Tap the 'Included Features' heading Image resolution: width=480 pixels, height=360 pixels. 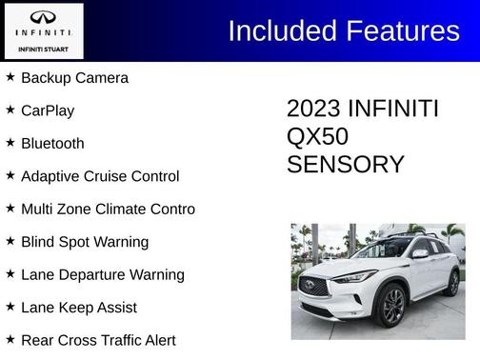pos(344,31)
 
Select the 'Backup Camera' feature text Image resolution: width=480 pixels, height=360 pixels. pos(74,78)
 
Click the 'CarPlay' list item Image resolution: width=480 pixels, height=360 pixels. pos(48,110)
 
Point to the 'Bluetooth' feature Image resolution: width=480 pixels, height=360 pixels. pos(52,144)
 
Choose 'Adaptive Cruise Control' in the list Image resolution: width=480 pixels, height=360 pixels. pos(100,176)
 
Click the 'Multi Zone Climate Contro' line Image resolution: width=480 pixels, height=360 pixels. pos(108,210)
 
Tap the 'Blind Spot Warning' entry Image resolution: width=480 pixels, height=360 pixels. pos(85,242)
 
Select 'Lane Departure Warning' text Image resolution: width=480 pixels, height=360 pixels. pos(102,275)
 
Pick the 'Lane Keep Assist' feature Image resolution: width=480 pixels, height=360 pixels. pos(79,308)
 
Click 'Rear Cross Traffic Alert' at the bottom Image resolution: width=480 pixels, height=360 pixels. pos(98,340)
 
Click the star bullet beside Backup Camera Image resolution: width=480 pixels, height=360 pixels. pos(10,77)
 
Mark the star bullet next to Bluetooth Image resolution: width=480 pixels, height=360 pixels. pos(10,143)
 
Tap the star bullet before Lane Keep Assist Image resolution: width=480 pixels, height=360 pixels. pos(10,307)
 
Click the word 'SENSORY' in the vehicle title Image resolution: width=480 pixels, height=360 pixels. pos(346,165)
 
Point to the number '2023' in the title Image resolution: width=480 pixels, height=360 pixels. pos(314,110)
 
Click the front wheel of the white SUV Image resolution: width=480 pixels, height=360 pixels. pos(392,305)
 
